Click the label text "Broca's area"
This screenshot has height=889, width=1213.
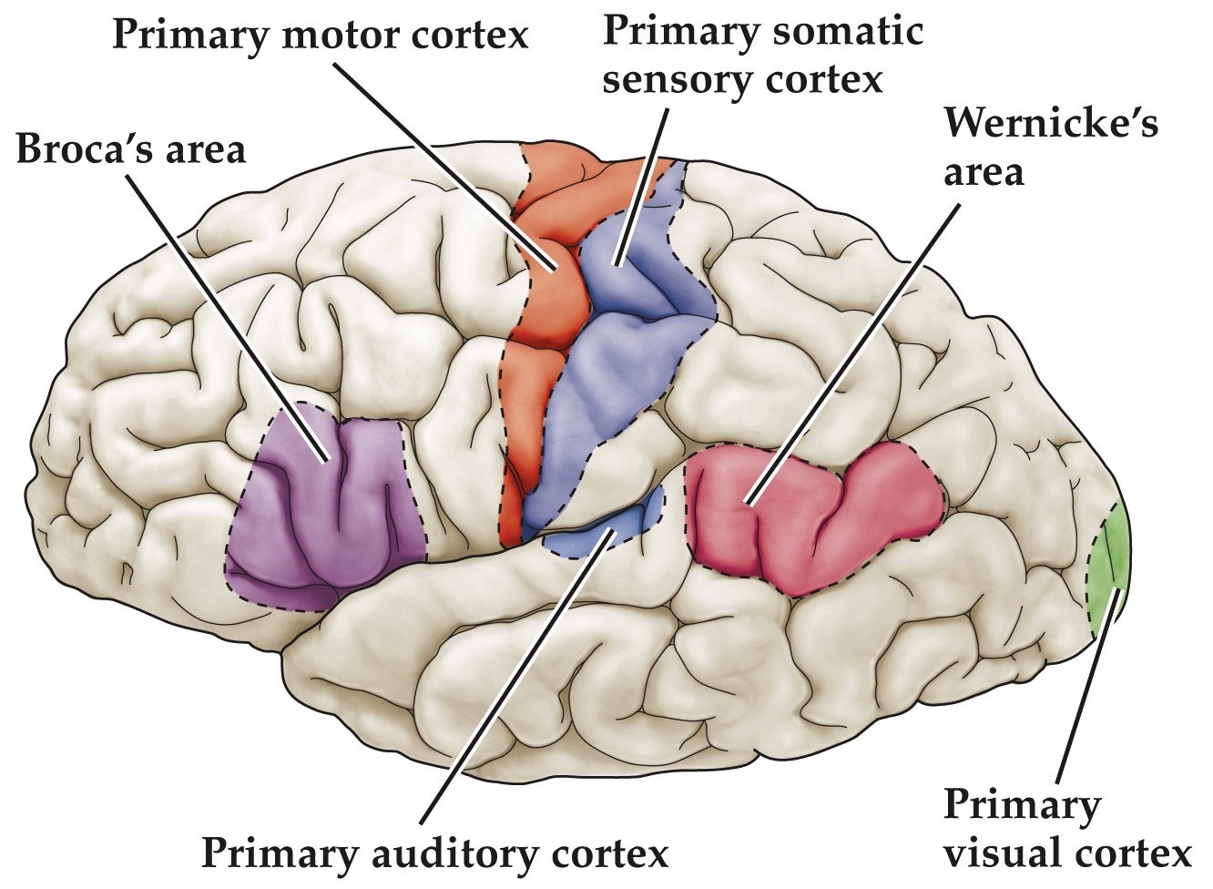click(131, 148)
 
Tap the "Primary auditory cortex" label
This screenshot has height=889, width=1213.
click(434, 854)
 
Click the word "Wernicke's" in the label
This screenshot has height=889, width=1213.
click(1051, 123)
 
